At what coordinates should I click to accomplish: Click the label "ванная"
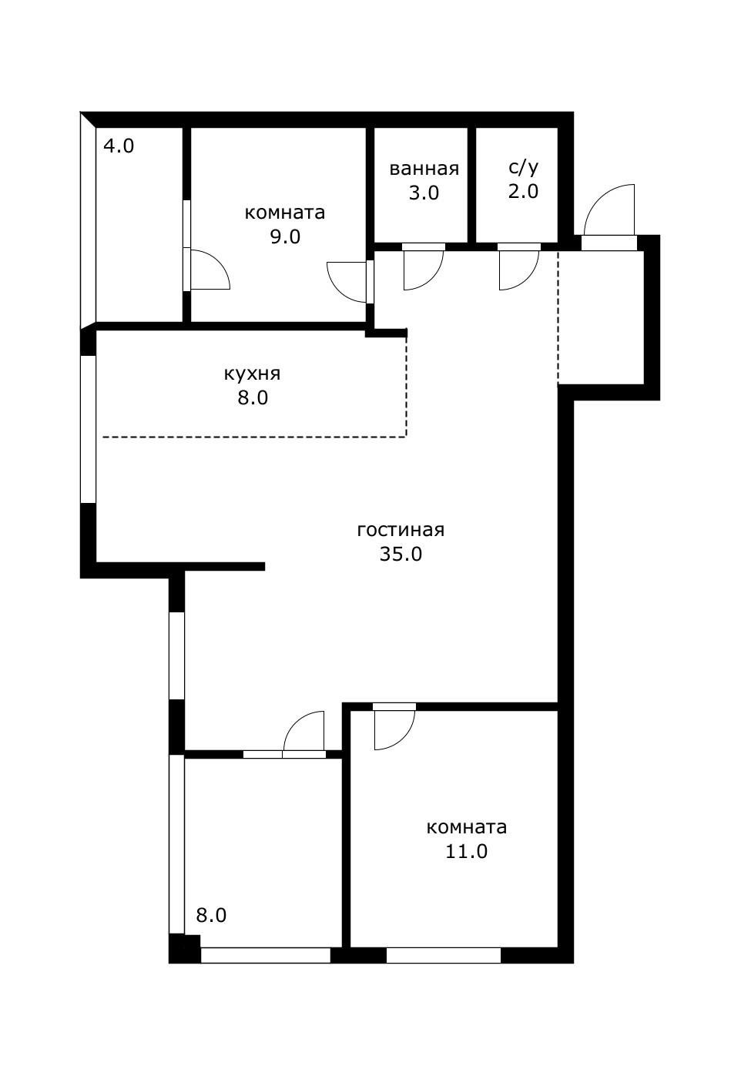tap(424, 169)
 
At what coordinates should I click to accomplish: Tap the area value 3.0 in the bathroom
tap(424, 193)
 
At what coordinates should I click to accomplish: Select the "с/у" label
tap(523, 167)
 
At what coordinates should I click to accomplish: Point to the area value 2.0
tap(523, 191)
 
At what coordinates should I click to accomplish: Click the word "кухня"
tap(252, 374)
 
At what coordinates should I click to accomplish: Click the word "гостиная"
tap(401, 530)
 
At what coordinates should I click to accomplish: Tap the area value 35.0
tap(401, 554)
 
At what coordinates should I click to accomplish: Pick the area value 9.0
tap(284, 236)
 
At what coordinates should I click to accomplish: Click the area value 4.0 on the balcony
tap(119, 146)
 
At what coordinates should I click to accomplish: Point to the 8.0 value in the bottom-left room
tap(211, 915)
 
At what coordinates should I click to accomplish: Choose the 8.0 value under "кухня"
tap(252, 398)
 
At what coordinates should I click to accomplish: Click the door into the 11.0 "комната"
tap(394, 727)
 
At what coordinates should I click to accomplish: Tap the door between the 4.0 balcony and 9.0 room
tap(208, 270)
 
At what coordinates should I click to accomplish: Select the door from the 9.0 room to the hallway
tap(348, 282)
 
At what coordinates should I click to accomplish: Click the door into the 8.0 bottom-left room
tap(303, 733)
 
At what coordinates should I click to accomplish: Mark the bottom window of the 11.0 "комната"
tap(443, 955)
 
